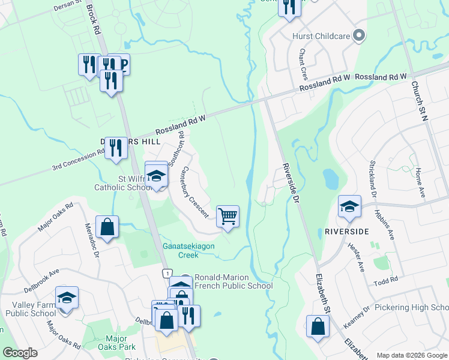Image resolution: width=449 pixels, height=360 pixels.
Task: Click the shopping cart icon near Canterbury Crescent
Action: tap(228, 216)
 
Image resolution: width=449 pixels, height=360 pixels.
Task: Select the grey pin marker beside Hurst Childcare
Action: tap(359, 36)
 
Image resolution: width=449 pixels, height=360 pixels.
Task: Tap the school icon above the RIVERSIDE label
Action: tap(349, 206)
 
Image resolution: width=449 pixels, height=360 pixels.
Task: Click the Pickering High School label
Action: tap(411, 307)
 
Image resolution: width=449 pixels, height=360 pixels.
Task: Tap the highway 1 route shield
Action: tap(166, 273)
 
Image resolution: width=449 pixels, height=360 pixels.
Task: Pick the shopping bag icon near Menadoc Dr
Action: tap(107, 227)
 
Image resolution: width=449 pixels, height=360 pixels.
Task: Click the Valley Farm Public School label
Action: tap(31, 308)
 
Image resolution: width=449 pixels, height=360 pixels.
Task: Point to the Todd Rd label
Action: tap(385, 281)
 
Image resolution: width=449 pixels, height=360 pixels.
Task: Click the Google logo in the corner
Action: tap(20, 353)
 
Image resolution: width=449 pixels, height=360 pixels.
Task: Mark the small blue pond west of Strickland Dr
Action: tap(330, 178)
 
